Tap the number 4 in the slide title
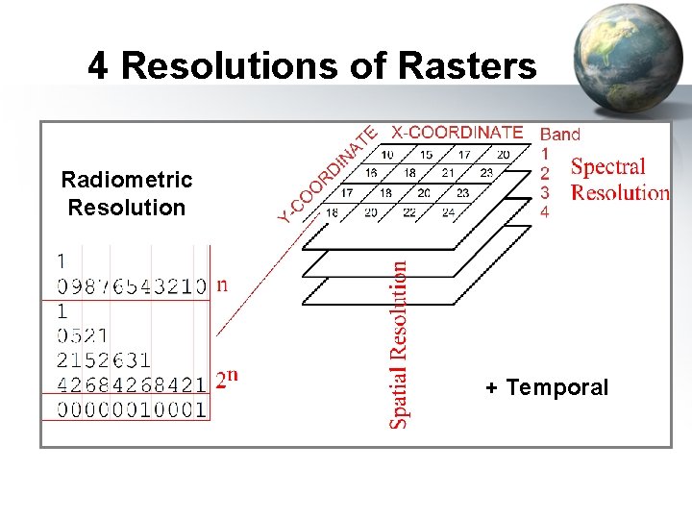[97, 66]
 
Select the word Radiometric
[127, 180]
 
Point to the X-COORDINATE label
[457, 133]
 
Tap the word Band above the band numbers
[560, 135]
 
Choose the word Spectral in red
[608, 167]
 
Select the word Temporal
[557, 388]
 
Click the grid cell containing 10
[387, 155]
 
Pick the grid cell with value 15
[426, 155]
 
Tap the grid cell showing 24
[448, 212]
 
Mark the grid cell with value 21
[448, 173]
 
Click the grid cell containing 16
[371, 173]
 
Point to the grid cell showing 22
[409, 212]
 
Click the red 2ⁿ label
[227, 379]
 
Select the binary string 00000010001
[132, 410]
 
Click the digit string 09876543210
[132, 285]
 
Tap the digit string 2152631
[104, 360]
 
